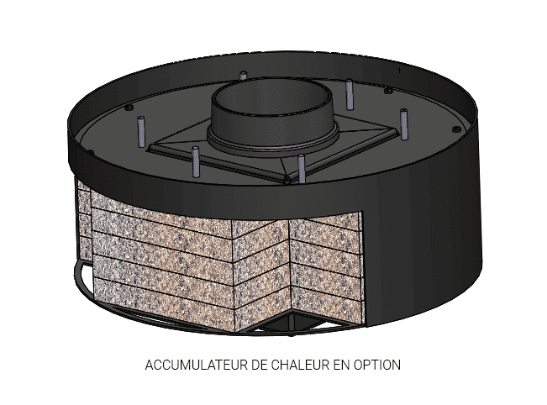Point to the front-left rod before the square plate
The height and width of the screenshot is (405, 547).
click(196, 162)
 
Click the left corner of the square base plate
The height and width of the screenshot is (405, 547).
click(152, 150)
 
